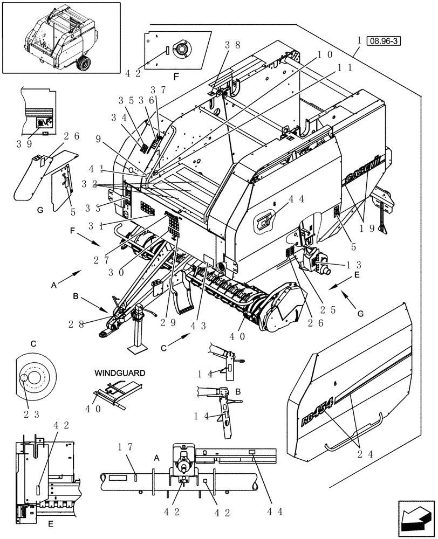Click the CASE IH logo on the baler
point(363,175)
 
